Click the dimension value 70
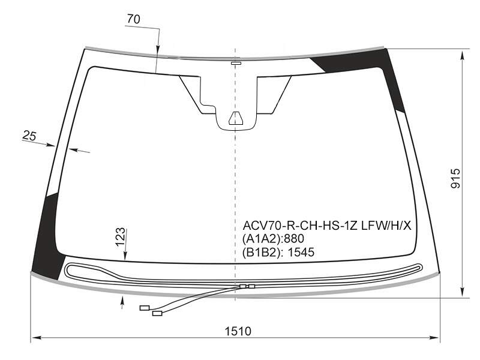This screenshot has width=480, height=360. (133, 19)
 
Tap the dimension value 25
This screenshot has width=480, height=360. (29, 136)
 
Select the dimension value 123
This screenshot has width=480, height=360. (121, 236)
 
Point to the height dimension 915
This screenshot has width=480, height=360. (455, 178)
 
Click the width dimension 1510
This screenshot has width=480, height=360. (238, 331)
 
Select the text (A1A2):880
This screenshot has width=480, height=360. (273, 239)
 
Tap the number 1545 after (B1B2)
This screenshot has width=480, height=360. (301, 252)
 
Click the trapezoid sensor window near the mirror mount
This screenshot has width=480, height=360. (235, 118)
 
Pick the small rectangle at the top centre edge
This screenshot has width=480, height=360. (236, 64)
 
